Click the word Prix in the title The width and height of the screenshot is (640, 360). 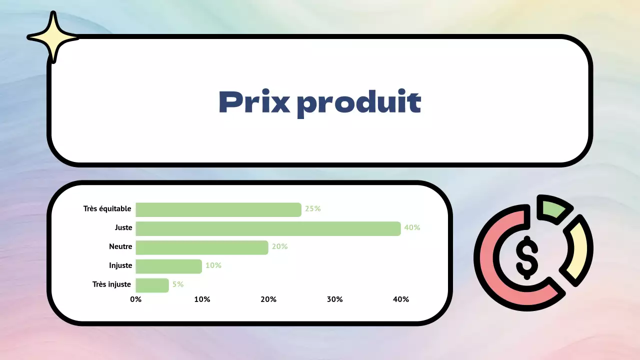click(254, 102)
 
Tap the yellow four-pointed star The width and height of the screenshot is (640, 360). click(52, 37)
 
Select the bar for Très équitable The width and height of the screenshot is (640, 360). click(218, 209)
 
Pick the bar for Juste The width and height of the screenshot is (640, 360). click(268, 228)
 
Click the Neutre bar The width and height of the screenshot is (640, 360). click(202, 247)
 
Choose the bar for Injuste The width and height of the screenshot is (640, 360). click(168, 266)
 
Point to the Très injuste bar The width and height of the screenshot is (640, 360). click(152, 285)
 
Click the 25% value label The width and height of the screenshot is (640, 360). click(312, 209)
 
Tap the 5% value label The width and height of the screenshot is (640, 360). click(178, 284)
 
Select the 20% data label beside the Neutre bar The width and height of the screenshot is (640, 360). click(279, 246)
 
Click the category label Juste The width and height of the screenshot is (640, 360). click(123, 228)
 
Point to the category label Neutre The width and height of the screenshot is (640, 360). click(120, 246)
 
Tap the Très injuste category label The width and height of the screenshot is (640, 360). click(111, 284)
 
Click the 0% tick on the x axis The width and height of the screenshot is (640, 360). click(135, 299)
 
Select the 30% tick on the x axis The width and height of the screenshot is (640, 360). click(334, 299)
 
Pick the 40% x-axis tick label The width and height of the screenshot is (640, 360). click(401, 299)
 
